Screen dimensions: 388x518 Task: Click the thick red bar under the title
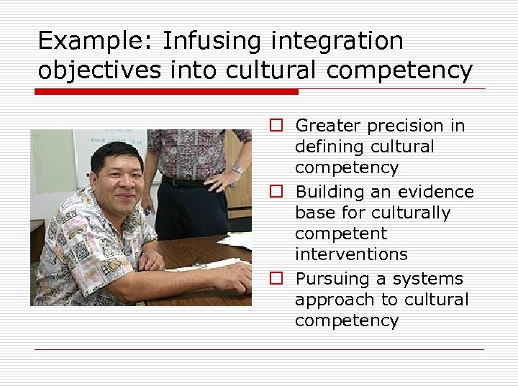tap(167, 92)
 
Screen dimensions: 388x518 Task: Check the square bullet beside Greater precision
tap(276, 126)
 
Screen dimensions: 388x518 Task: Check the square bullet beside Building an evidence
tap(276, 192)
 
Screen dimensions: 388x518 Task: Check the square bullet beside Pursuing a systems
tap(276, 278)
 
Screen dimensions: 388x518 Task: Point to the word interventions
tap(351, 254)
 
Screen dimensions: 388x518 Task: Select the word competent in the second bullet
tap(341, 234)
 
